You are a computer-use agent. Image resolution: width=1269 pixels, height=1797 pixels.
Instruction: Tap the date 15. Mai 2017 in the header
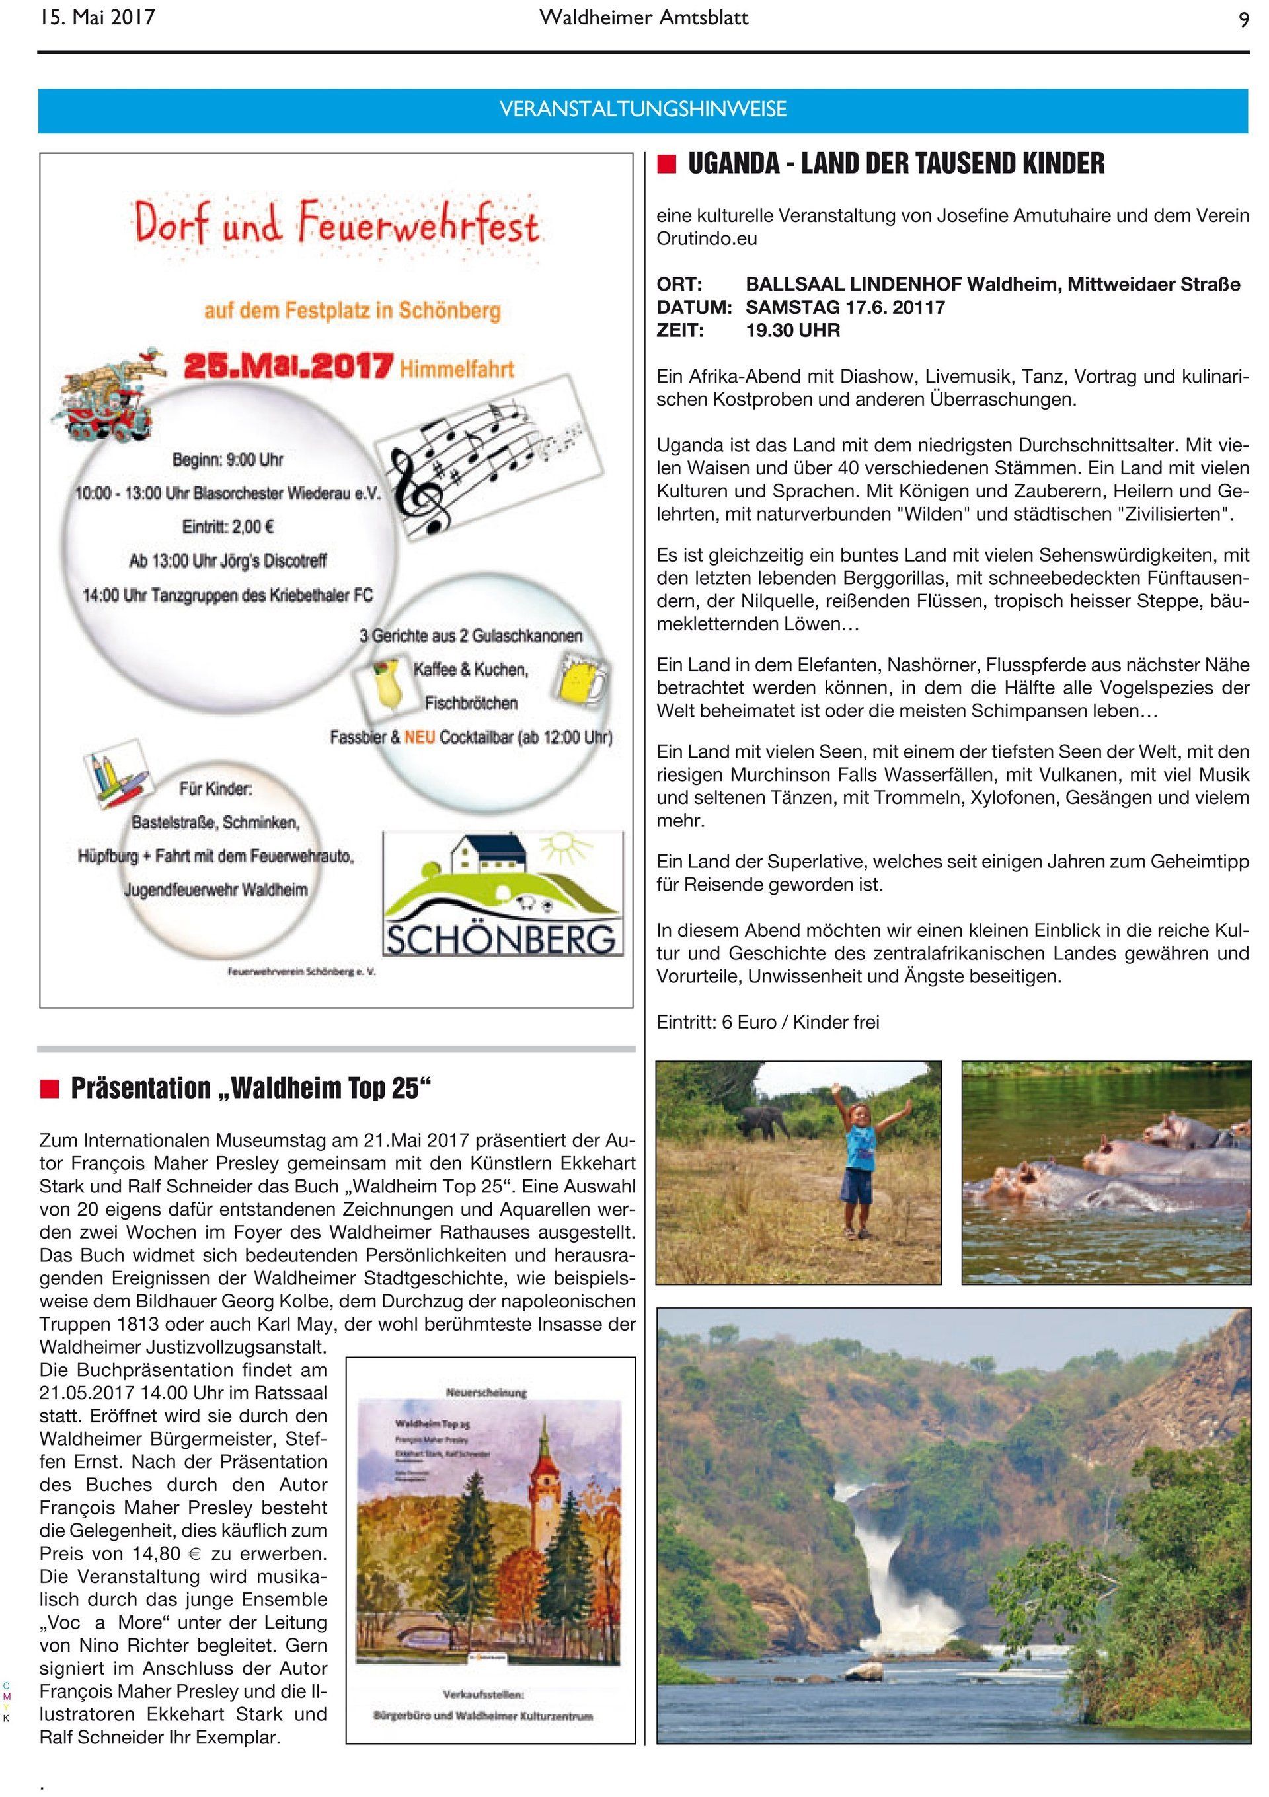pos(97,17)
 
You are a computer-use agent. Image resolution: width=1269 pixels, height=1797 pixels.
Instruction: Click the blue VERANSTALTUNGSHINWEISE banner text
pos(642,110)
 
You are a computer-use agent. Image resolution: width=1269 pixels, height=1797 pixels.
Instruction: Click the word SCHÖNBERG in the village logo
pos(502,940)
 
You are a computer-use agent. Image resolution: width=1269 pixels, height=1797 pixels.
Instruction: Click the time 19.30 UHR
pos(793,330)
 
